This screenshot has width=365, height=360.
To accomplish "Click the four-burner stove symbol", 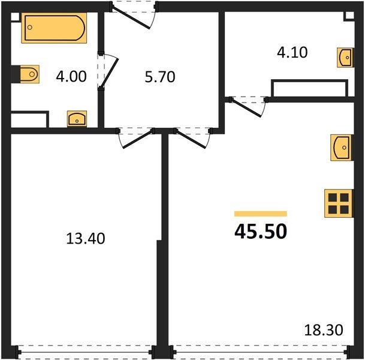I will pyautogui.click(x=337, y=202).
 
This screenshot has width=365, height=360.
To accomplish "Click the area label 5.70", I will pyautogui.click(x=160, y=77).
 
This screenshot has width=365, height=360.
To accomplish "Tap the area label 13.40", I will pyautogui.click(x=85, y=239).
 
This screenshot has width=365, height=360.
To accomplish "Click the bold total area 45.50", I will pyautogui.click(x=261, y=230).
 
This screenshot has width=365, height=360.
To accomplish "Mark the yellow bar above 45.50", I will pyautogui.click(x=260, y=214).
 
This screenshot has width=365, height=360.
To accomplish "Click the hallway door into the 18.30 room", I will pyautogui.click(x=191, y=137).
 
